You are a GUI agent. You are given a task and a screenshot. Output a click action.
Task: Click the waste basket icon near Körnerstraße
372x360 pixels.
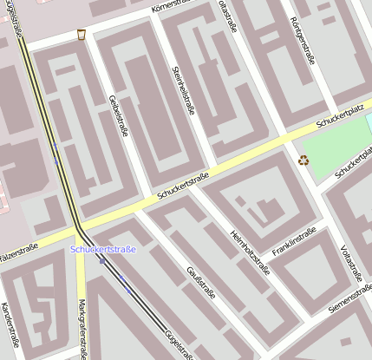click(x=81, y=34)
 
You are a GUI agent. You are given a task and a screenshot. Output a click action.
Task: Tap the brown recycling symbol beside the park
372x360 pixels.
click(x=303, y=159)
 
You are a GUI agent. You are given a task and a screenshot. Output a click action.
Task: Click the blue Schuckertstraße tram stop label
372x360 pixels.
click(x=103, y=250)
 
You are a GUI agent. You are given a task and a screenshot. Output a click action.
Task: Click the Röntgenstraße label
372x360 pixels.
click(x=301, y=40)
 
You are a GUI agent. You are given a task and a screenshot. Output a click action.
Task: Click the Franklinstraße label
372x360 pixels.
click(x=294, y=243)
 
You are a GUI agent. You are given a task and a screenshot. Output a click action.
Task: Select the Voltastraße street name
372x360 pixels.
click(x=351, y=263)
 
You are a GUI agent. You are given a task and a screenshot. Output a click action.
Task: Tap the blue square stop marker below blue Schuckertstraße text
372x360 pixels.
click(x=101, y=260)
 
